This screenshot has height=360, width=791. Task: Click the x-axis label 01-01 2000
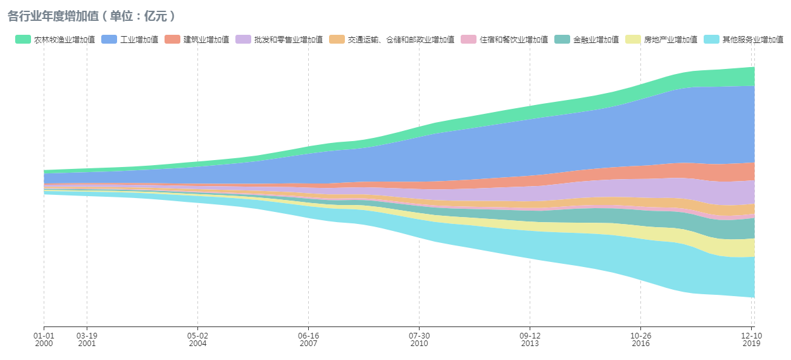[x=44, y=339]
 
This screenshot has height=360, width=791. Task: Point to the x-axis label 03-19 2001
[x=87, y=339]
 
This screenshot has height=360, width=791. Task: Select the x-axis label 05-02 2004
[x=197, y=339]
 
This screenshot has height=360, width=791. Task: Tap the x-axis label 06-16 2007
[x=308, y=339]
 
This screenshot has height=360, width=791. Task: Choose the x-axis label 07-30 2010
[x=419, y=339]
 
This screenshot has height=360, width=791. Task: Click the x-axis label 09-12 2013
[x=530, y=339]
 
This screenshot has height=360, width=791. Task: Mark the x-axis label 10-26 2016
[x=640, y=339]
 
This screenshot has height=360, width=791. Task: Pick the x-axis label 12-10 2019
[x=752, y=339]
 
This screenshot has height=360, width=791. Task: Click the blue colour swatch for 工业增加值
[x=109, y=40]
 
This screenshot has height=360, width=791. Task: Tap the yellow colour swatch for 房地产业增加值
[x=633, y=40]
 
